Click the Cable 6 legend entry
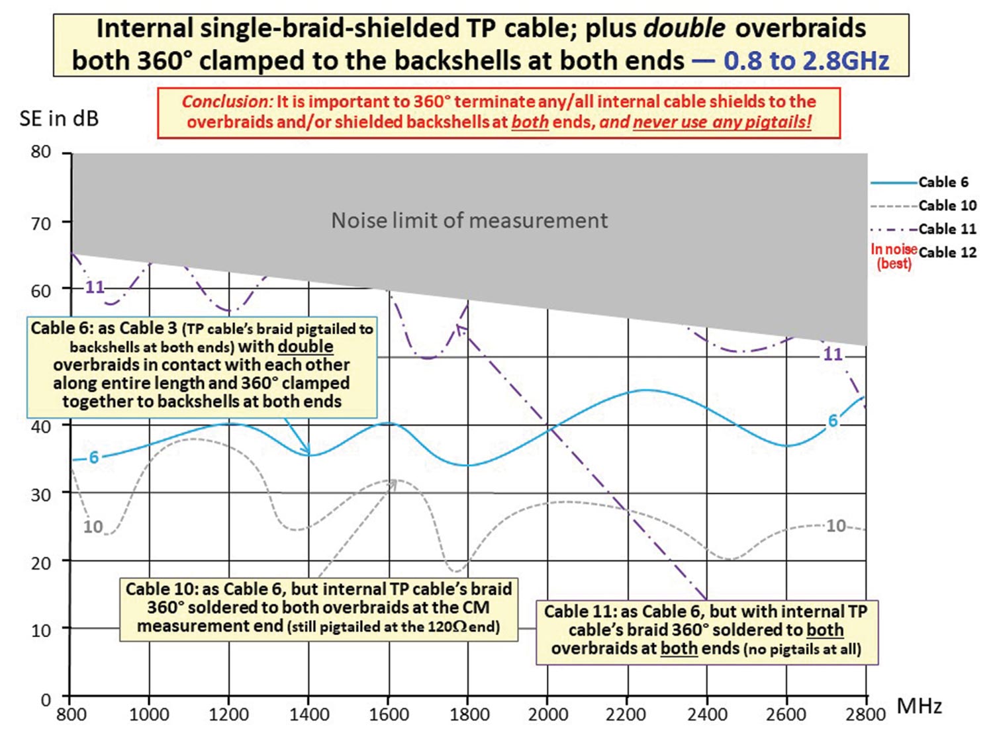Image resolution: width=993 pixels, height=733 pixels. pyautogui.click(x=943, y=182)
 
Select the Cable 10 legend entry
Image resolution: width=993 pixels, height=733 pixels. pyautogui.click(x=947, y=205)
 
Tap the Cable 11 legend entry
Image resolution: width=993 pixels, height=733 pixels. pyautogui.click(x=947, y=229)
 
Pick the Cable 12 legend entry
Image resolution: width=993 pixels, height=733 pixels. pyautogui.click(x=947, y=252)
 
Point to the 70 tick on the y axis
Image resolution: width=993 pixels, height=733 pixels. pyautogui.click(x=41, y=223)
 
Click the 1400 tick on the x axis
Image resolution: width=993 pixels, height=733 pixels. pyautogui.click(x=309, y=714)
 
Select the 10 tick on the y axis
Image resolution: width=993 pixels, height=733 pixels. pyautogui.click(x=41, y=630)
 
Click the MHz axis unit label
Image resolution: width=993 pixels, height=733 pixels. pyautogui.click(x=919, y=706)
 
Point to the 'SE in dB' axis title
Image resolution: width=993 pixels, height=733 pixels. pyautogui.click(x=59, y=118)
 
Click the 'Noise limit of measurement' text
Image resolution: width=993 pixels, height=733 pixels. pyautogui.click(x=469, y=220)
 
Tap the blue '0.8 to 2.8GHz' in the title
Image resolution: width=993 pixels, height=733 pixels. pyautogui.click(x=806, y=61)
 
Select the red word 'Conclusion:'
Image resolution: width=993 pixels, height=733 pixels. pyautogui.click(x=227, y=102)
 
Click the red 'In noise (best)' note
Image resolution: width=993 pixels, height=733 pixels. pyautogui.click(x=894, y=256)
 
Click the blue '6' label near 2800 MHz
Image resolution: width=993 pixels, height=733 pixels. pyautogui.click(x=833, y=421)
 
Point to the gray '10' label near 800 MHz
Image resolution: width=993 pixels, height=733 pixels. pyautogui.click(x=93, y=527)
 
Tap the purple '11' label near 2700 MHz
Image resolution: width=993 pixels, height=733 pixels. pyautogui.click(x=832, y=354)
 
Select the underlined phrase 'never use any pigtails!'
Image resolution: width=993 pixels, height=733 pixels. pyautogui.click(x=722, y=122)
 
